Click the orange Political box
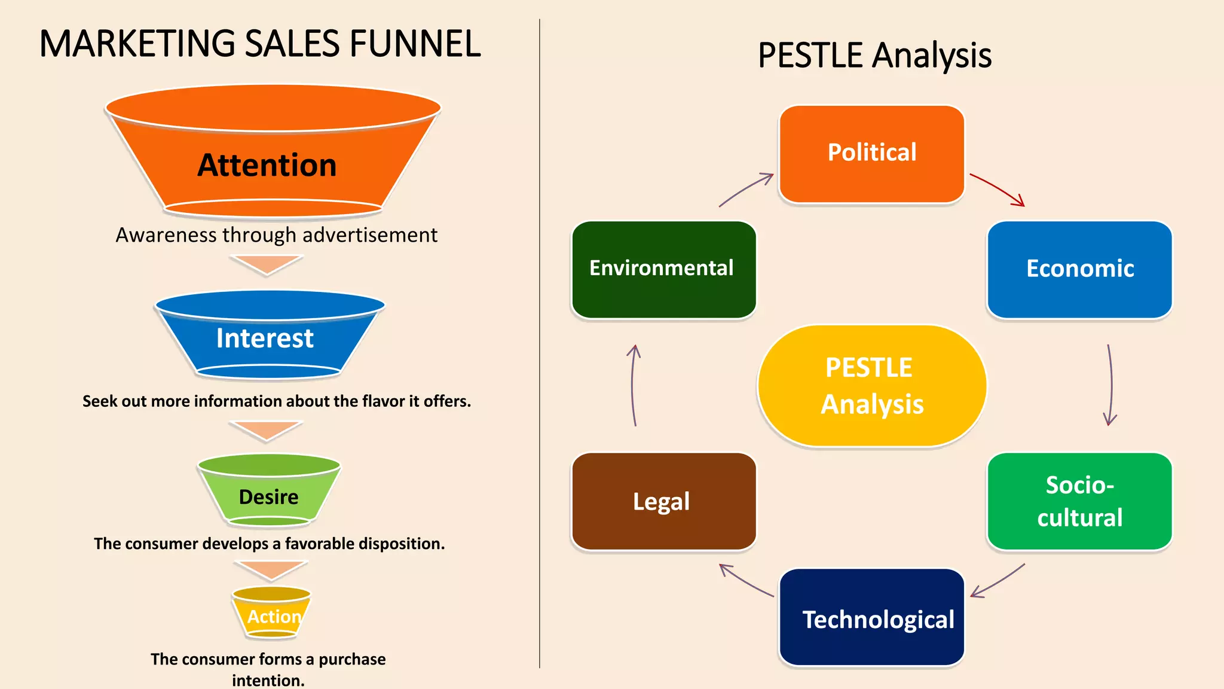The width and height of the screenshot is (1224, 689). click(x=871, y=154)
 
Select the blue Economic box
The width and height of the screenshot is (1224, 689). click(x=1079, y=269)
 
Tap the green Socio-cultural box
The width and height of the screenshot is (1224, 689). click(x=1079, y=501)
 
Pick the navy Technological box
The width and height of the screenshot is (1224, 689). click(x=871, y=617)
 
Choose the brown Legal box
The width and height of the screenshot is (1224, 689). click(x=663, y=501)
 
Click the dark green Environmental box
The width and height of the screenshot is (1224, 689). click(x=663, y=269)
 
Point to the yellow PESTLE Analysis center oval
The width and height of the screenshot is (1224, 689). click(x=871, y=386)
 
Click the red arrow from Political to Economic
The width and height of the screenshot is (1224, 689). click(x=997, y=188)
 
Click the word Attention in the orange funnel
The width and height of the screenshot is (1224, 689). click(x=267, y=165)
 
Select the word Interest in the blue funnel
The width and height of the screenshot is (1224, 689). click(x=265, y=339)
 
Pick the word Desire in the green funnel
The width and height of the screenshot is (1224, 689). click(x=268, y=497)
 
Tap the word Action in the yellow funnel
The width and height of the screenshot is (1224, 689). click(x=274, y=617)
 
